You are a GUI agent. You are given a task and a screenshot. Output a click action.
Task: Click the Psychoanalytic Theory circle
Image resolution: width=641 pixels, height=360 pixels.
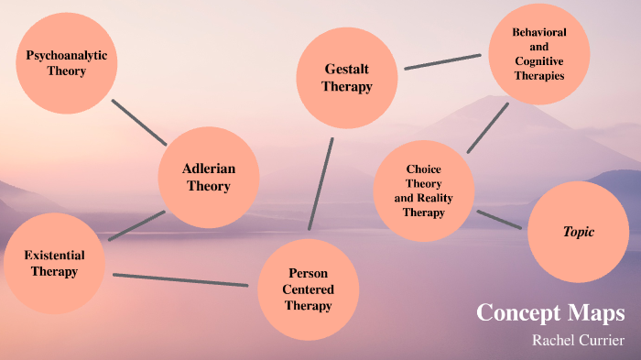point(66,62)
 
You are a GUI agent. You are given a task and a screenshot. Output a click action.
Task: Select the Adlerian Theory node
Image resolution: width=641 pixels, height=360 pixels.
point(209,177)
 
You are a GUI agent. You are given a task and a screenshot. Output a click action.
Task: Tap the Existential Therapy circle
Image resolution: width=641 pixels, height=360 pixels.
point(54,263)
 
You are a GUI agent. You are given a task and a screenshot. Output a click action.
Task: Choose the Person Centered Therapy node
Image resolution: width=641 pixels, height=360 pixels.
point(308,289)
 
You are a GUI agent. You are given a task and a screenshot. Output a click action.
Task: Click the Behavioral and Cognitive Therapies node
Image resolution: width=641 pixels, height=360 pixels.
point(538,53)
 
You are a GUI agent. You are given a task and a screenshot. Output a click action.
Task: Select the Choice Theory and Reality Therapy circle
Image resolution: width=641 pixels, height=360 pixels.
point(423,191)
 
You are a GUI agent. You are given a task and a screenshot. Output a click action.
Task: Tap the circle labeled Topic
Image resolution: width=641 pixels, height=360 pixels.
point(579,232)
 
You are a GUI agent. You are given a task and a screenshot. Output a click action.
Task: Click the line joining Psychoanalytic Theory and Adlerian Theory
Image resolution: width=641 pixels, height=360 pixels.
point(139,122)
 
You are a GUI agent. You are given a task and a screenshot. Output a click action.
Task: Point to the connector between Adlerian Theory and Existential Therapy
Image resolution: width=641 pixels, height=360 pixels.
point(136,225)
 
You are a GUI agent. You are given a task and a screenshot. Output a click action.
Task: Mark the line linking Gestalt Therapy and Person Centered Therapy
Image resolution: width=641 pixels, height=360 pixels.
point(320,183)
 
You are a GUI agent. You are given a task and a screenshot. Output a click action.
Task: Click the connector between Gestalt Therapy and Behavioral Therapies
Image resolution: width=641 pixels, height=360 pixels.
point(443,61)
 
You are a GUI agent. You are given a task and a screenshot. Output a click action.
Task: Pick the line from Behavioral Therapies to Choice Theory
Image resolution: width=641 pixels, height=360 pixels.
point(487,127)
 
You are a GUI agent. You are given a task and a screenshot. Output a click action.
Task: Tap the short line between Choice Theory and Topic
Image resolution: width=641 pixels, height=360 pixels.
point(499,219)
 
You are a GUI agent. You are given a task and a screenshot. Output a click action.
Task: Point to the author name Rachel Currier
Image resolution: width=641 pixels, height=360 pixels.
point(578,340)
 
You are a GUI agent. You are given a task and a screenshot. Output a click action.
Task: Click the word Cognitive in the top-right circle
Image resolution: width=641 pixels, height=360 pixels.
point(538,60)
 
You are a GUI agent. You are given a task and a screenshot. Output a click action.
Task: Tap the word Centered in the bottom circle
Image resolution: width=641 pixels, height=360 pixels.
point(308,289)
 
